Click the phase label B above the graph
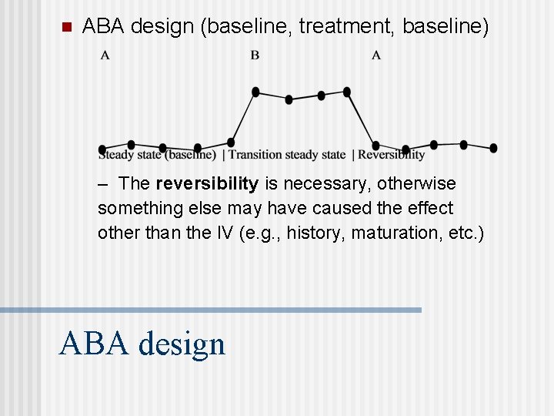255,55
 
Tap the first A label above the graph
105,55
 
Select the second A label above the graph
376,55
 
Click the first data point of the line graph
102,149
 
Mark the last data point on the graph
493,148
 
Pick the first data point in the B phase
255,92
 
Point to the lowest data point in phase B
289,99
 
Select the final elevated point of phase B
347,92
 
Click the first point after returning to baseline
375,145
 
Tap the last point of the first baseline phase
231,143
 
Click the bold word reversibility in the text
206,184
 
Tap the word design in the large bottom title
182,344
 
